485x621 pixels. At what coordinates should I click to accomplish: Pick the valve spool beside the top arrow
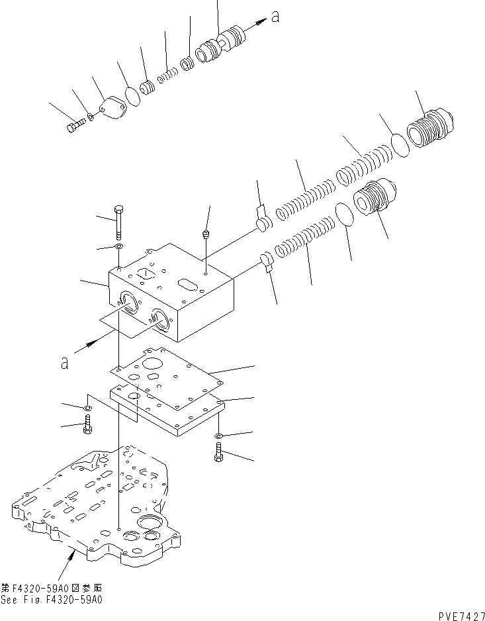[221, 46]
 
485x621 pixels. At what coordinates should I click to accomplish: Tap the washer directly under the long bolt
[118, 248]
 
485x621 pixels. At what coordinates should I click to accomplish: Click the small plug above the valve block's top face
[206, 234]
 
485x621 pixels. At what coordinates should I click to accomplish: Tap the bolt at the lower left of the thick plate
[87, 424]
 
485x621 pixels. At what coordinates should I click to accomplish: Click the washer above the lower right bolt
[218, 436]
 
